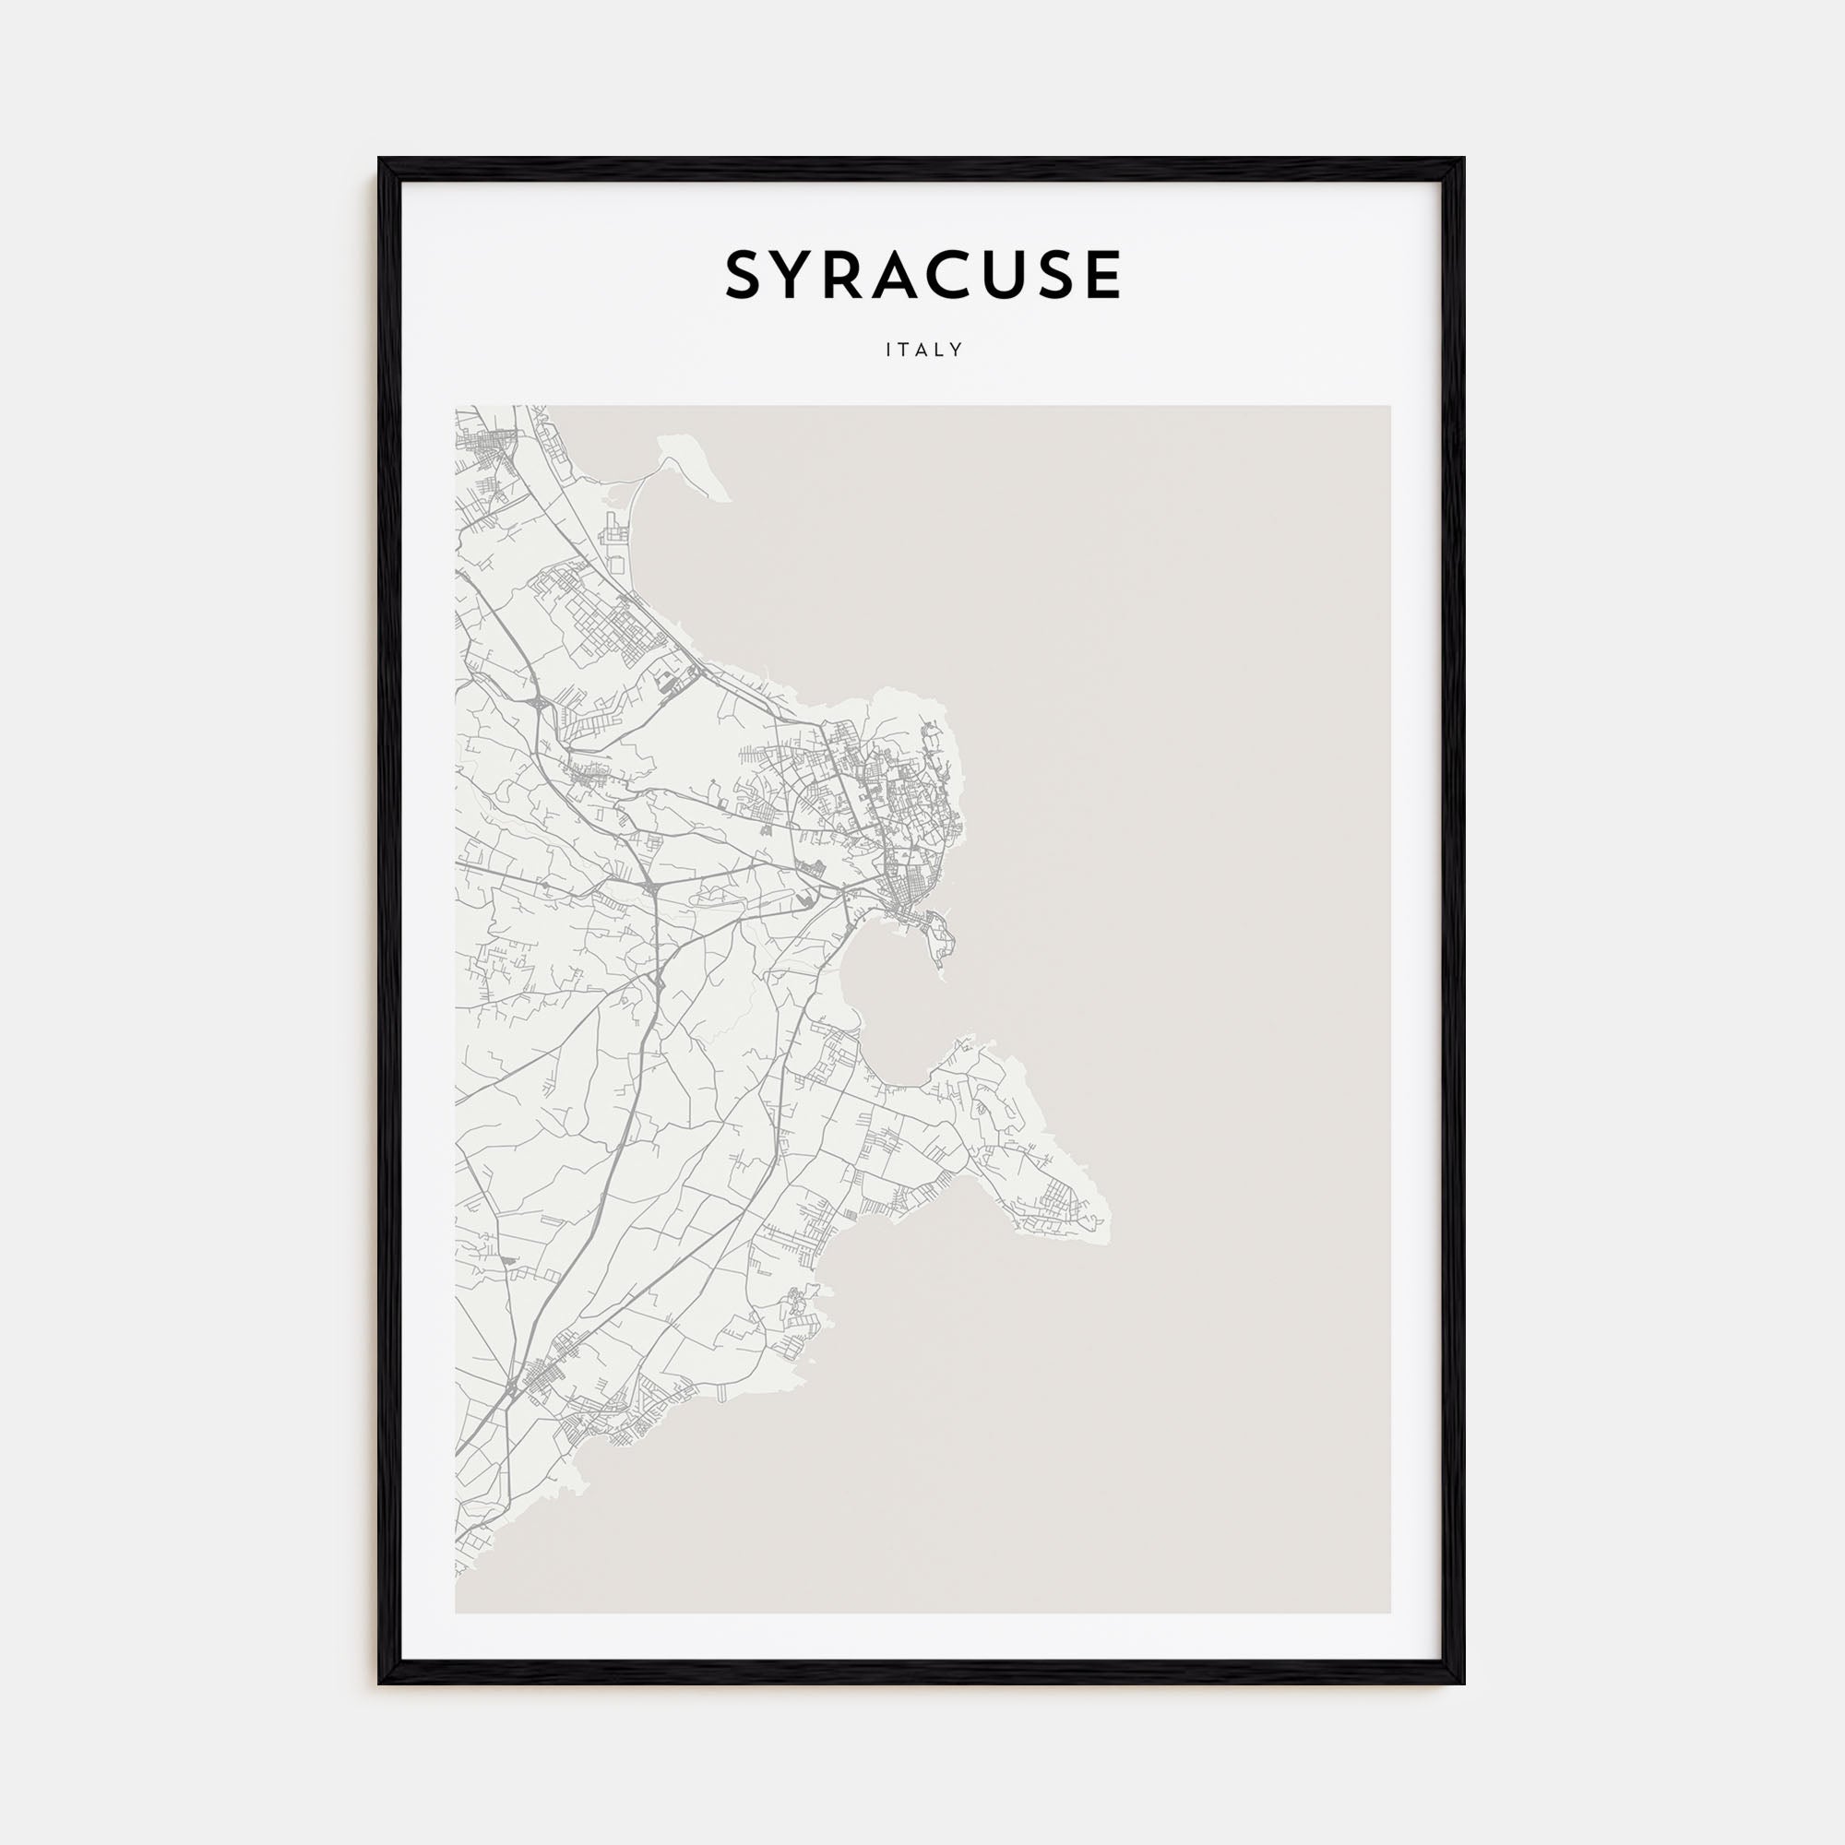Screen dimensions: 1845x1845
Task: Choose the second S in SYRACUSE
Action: (x=1056, y=276)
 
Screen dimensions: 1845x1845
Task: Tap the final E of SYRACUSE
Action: (x=1102, y=276)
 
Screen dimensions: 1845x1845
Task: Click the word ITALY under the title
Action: (x=923, y=351)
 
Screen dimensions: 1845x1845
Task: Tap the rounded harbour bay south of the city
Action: (x=888, y=1012)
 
